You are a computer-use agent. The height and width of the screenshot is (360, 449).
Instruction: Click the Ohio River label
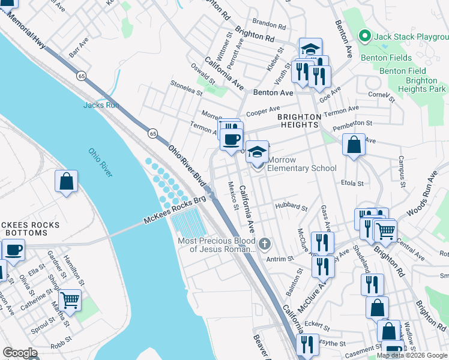click(x=100, y=163)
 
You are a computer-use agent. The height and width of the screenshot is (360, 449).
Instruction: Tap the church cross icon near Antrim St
click(x=265, y=244)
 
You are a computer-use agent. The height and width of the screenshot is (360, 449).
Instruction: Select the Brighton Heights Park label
click(x=417, y=85)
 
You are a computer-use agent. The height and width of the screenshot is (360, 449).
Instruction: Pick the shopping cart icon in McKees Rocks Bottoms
click(x=70, y=299)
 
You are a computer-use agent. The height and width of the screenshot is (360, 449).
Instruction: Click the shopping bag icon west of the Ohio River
click(x=66, y=181)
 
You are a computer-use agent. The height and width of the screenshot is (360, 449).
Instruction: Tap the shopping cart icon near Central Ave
click(x=385, y=229)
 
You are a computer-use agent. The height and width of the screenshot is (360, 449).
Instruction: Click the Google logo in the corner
click(x=20, y=353)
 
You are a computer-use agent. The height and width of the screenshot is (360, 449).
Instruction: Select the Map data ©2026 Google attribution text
click(x=412, y=355)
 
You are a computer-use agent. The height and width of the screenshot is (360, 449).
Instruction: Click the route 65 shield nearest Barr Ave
click(x=80, y=76)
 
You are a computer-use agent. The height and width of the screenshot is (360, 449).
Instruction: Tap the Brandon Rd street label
click(x=268, y=25)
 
